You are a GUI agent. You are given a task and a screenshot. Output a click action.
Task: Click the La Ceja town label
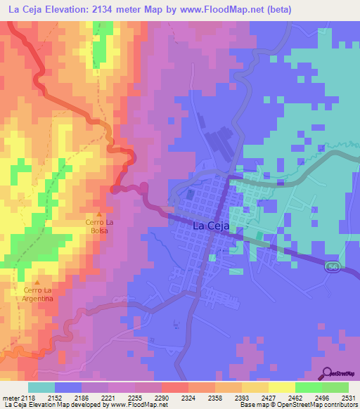(x=210, y=226)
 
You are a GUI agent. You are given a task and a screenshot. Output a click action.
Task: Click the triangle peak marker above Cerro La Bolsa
(x=98, y=214)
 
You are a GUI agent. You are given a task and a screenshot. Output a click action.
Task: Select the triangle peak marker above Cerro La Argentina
(x=37, y=283)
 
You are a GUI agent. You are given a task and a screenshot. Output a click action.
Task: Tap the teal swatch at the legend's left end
(x=40, y=388)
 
